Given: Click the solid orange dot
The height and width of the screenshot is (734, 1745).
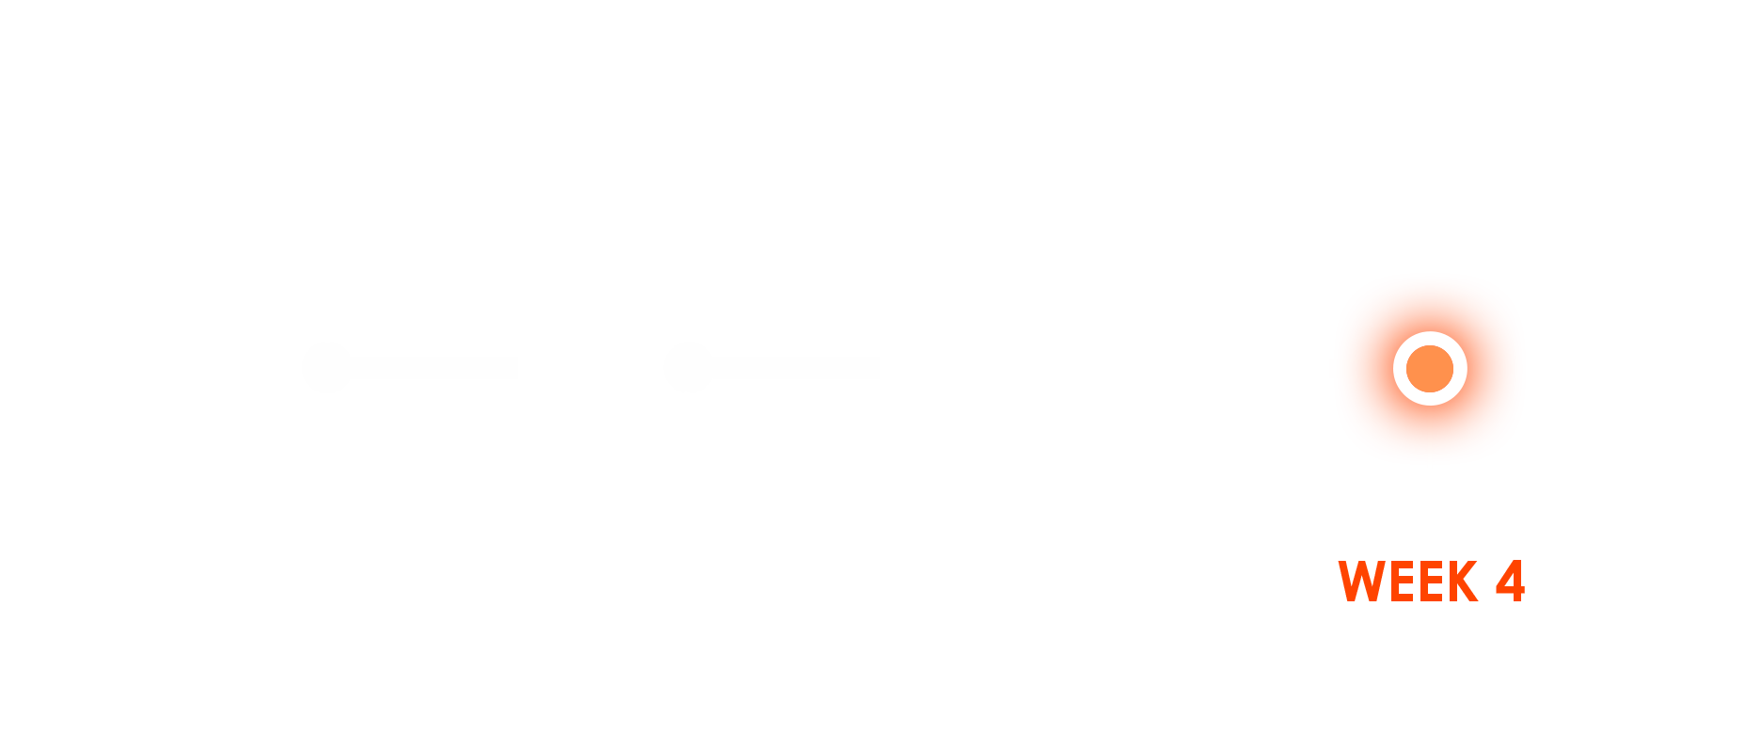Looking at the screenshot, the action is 1430,368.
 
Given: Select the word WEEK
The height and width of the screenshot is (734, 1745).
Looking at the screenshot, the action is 1407,582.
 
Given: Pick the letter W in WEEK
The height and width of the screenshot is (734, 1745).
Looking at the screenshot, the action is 1363,582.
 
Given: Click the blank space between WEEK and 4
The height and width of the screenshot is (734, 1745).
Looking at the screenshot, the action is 1487,582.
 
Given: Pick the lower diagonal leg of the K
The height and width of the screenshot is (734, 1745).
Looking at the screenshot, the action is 1470,592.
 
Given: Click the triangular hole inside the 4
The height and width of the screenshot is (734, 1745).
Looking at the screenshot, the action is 1509,580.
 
